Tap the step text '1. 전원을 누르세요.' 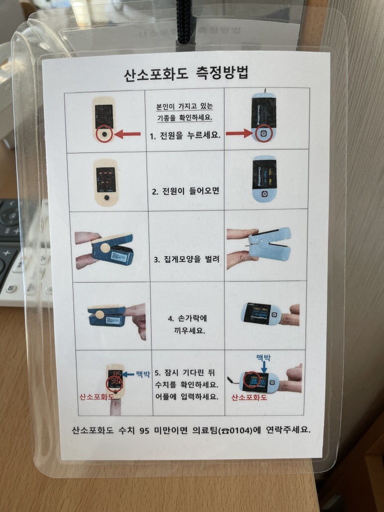185,136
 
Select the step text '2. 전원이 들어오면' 185,191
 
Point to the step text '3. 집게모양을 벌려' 186,259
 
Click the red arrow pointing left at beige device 127,134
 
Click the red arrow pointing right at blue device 239,133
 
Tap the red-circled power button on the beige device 104,134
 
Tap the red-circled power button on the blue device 263,133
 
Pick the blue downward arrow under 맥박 264,367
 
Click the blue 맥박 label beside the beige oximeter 143,374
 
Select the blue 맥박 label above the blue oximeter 263,358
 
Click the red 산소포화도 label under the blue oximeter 249,397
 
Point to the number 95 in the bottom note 145,431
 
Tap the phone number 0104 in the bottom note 240,431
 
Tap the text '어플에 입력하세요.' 186,397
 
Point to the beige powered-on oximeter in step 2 105,183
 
